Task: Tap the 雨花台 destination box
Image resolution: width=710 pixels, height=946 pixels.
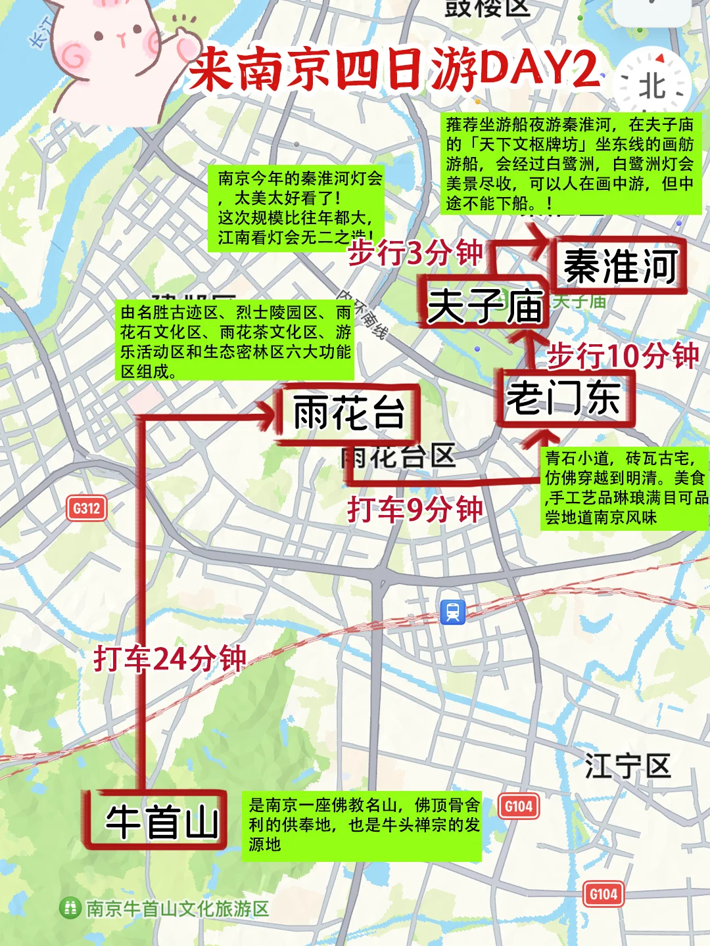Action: (x=348, y=414)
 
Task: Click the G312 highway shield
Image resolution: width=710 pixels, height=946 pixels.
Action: (x=87, y=508)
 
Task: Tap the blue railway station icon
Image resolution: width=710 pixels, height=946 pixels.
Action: (x=453, y=612)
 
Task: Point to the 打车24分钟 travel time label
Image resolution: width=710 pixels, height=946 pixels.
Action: (x=170, y=658)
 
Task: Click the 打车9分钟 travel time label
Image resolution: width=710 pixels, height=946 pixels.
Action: (x=415, y=509)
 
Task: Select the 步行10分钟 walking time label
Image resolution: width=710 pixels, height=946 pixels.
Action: (x=623, y=355)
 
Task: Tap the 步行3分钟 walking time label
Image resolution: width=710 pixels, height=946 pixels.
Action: (x=415, y=252)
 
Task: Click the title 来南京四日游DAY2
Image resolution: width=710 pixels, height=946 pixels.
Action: (x=394, y=69)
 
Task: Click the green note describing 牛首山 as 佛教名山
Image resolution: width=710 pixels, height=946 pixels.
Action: (x=364, y=825)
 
